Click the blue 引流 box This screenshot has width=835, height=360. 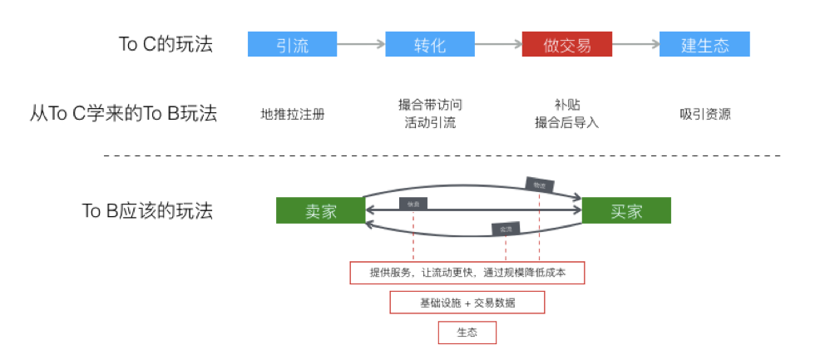pyautogui.click(x=292, y=44)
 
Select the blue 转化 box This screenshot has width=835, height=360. pyautogui.click(x=429, y=44)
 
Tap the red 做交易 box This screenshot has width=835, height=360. pyautogui.click(x=566, y=44)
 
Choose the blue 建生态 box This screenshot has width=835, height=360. pyautogui.click(x=704, y=44)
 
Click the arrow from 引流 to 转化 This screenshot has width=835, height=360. pyautogui.click(x=361, y=44)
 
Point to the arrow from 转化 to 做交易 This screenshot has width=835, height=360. pyautogui.click(x=498, y=44)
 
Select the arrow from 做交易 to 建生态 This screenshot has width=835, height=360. pyautogui.click(x=635, y=44)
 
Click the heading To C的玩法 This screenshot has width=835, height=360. pyautogui.click(x=166, y=44)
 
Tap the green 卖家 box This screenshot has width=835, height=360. pyautogui.click(x=320, y=210)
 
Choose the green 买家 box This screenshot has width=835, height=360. pyautogui.click(x=626, y=210)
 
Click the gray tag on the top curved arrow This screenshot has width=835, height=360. pyautogui.click(x=539, y=185)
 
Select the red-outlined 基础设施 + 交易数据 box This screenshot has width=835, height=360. pyautogui.click(x=467, y=303)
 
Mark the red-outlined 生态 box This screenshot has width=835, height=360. pyautogui.click(x=467, y=333)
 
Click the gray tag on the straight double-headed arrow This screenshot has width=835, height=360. pyautogui.click(x=413, y=205)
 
